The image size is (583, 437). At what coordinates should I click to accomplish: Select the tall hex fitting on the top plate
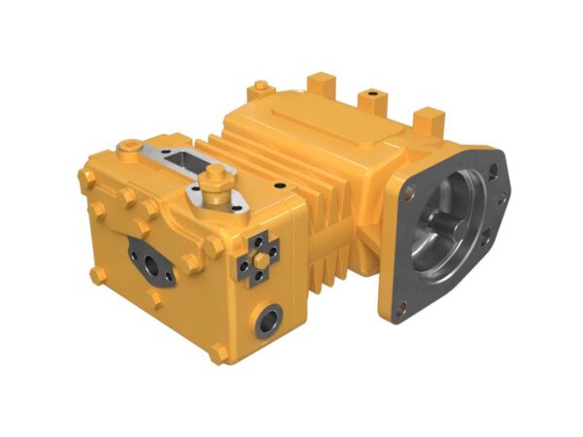tap(217, 179)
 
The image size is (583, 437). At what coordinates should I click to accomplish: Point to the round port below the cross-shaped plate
tap(269, 319)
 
